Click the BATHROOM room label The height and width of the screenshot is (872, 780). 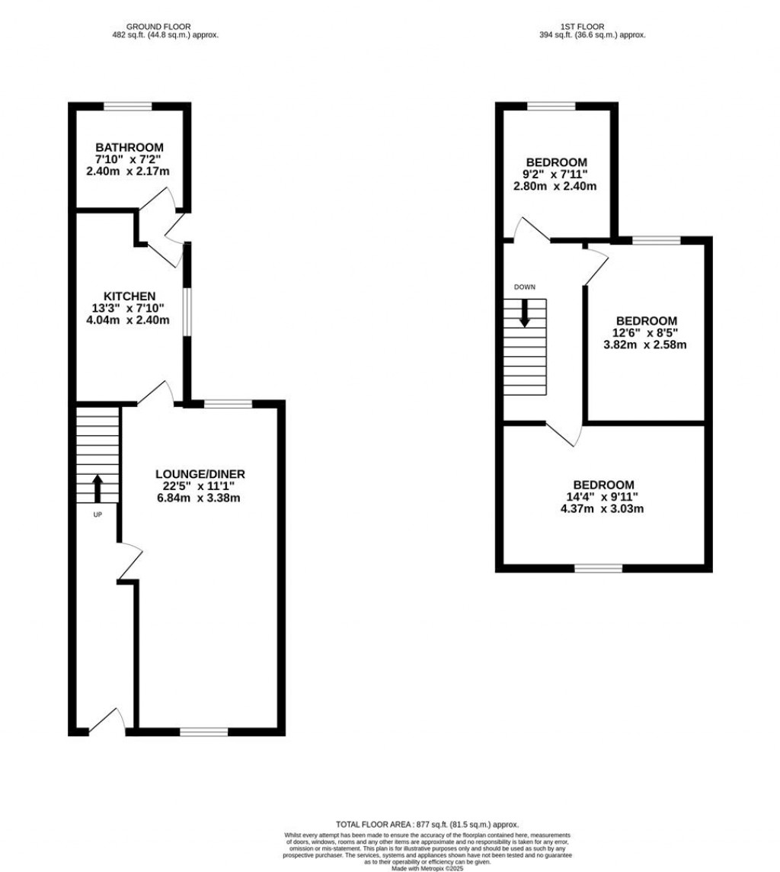[129, 147]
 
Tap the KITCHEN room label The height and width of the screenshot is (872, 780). [129, 296]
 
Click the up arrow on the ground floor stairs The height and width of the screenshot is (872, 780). [97, 489]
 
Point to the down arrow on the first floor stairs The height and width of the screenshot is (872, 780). [524, 313]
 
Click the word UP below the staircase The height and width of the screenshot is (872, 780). [97, 514]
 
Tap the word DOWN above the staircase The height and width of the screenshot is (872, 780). [524, 287]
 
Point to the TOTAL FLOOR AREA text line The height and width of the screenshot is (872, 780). [427, 825]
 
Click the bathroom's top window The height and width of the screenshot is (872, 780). [127, 107]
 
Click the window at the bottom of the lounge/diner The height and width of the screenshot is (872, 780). [203, 732]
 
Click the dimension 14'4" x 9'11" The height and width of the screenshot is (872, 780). [604, 497]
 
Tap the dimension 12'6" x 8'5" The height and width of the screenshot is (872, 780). [645, 332]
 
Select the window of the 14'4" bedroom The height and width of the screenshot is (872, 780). [598, 568]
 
